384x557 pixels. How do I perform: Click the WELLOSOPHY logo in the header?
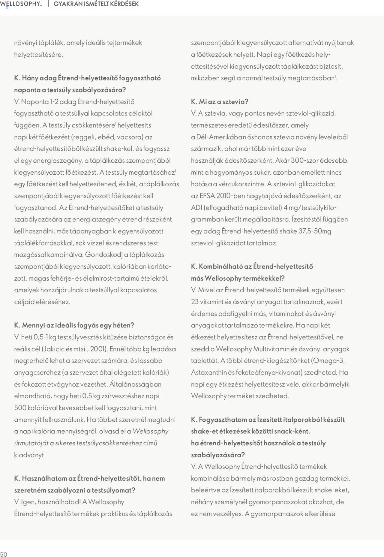tap(21, 4)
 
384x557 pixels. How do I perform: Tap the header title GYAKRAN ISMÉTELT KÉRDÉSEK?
tap(96, 4)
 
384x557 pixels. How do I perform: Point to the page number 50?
tap(4, 554)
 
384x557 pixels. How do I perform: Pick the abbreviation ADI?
tap(196, 208)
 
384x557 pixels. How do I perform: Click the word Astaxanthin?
tap(209, 372)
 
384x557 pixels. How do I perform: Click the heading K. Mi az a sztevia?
tap(220, 101)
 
